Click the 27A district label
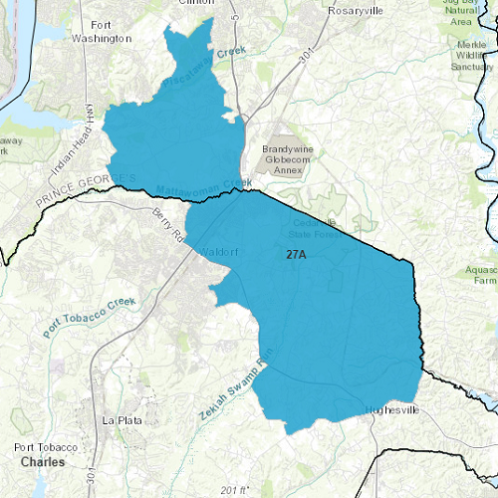point(296,256)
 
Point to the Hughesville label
point(395,409)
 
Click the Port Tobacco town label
point(47,447)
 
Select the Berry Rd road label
point(167,226)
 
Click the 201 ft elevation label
point(237,490)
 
